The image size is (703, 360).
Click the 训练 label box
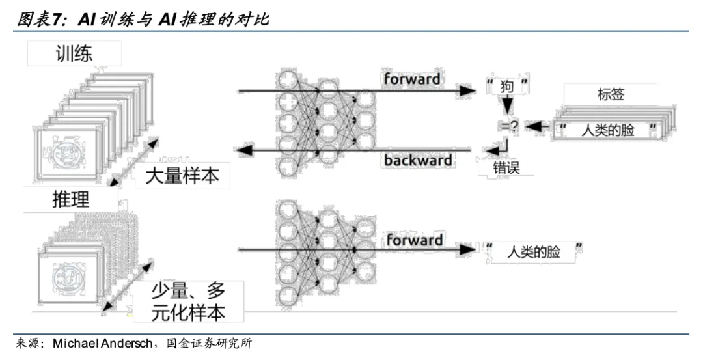[x=74, y=53]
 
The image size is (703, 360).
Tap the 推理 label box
[x=70, y=199]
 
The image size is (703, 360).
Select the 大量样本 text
[x=182, y=176]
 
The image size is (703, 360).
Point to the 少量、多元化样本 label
[x=188, y=301]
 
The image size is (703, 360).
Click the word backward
[x=418, y=160]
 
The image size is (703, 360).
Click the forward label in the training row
[x=412, y=79]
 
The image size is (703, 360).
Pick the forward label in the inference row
[x=414, y=240]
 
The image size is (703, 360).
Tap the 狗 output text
[x=507, y=86]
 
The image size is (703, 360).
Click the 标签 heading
[x=611, y=94]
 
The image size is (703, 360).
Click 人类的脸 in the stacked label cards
[x=608, y=130]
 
